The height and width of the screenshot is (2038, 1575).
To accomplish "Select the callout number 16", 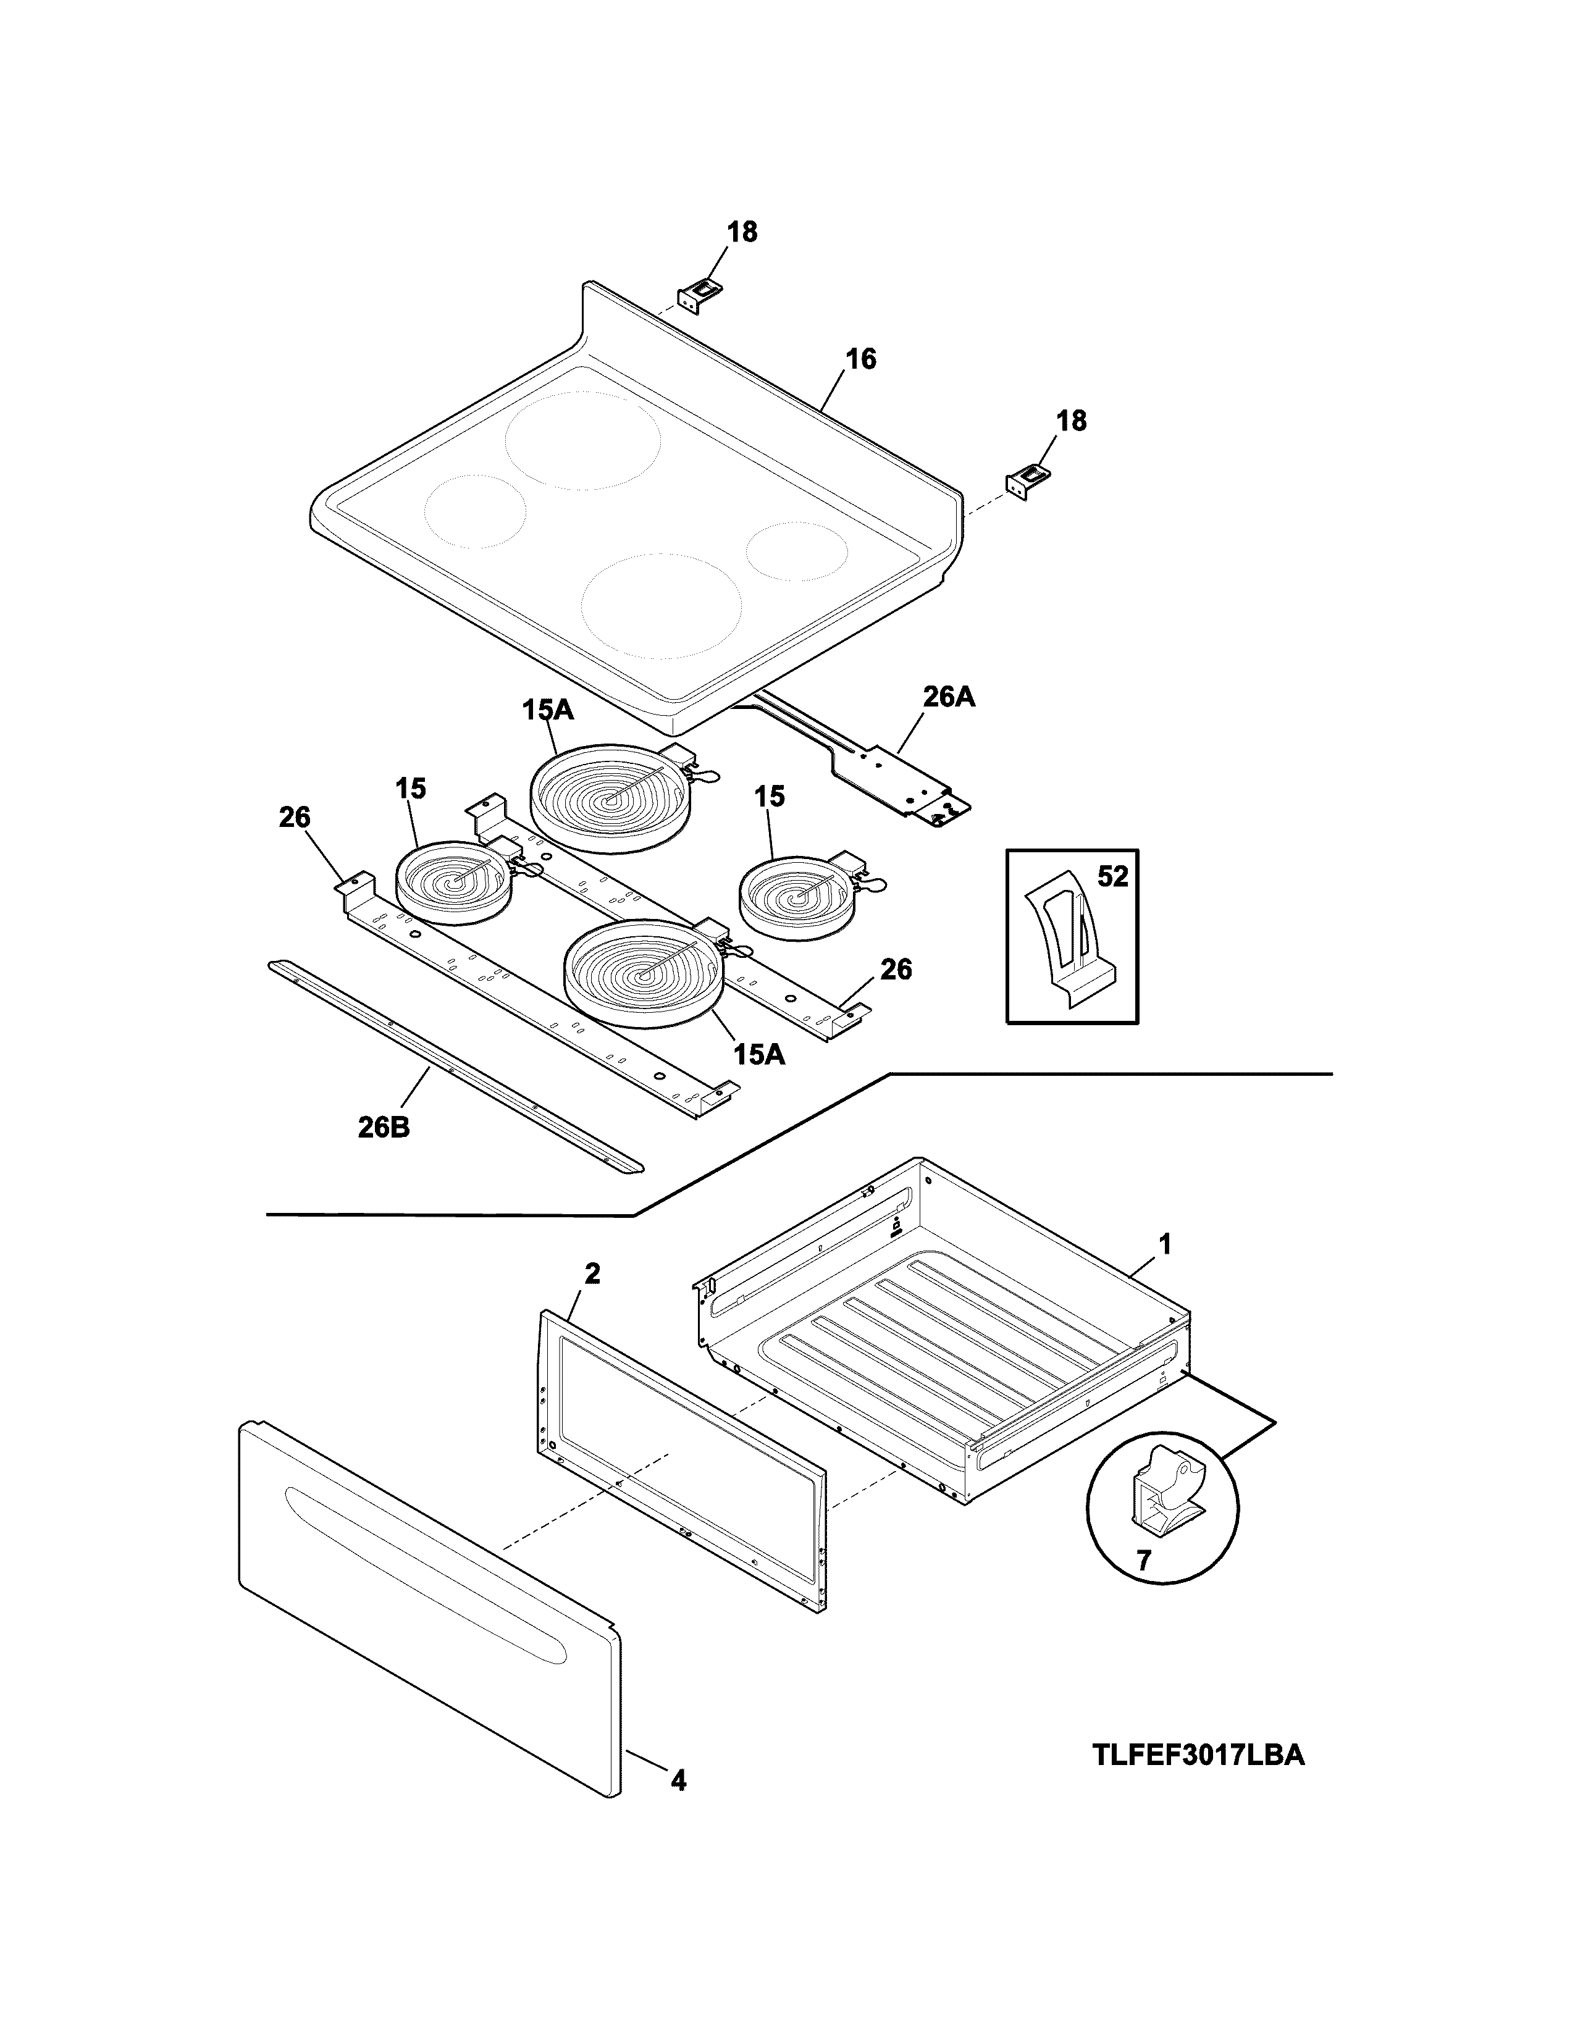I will [860, 359].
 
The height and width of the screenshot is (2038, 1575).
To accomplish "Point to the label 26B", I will [384, 1128].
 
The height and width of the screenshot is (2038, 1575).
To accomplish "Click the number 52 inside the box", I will [1112, 876].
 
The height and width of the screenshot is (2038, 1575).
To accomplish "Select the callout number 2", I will [592, 1273].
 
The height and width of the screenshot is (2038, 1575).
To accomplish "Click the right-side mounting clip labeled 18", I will [1027, 482].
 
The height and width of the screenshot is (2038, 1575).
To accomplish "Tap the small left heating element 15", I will [453, 882].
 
